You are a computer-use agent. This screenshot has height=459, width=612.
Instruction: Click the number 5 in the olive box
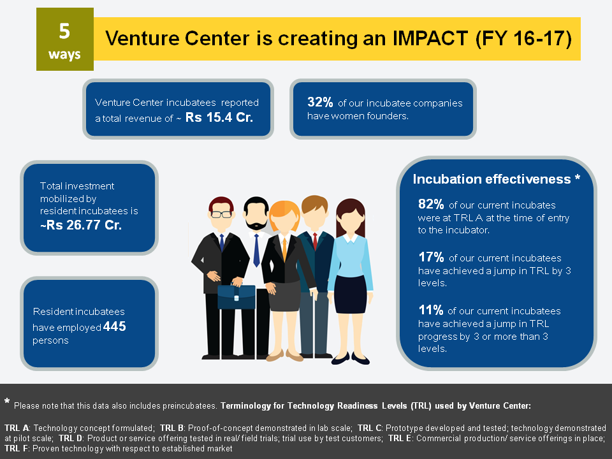pos(64,31)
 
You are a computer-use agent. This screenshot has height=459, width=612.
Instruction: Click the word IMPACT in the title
pos(430,38)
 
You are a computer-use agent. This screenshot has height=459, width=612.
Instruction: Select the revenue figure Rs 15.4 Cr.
pos(219,117)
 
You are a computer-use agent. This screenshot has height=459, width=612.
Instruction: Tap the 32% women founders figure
pos(320,102)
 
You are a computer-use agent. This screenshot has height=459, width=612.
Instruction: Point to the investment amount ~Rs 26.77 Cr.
pos(81,225)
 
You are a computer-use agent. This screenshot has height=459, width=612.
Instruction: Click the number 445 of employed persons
pos(114,326)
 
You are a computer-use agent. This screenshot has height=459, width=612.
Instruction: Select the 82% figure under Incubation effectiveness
pos(431,204)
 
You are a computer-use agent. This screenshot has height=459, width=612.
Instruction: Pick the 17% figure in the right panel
pos(431,257)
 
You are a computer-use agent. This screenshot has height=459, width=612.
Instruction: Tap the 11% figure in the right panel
pos(431,310)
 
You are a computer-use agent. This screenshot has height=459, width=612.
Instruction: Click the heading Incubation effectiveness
pos(492,179)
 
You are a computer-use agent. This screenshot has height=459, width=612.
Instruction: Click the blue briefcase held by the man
pos(237,296)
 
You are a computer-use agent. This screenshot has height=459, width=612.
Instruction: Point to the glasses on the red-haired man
pos(221,214)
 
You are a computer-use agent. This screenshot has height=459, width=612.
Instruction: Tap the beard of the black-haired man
pos(256,224)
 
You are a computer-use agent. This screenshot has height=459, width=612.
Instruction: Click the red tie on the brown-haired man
pos(315,241)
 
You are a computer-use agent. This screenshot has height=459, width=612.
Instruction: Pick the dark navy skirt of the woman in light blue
pos(351,293)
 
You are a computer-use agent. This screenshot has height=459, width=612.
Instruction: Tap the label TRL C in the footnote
pos(370,428)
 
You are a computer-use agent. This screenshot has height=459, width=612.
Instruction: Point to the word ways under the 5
pos(64,55)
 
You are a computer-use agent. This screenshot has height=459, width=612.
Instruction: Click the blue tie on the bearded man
pos(256,250)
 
